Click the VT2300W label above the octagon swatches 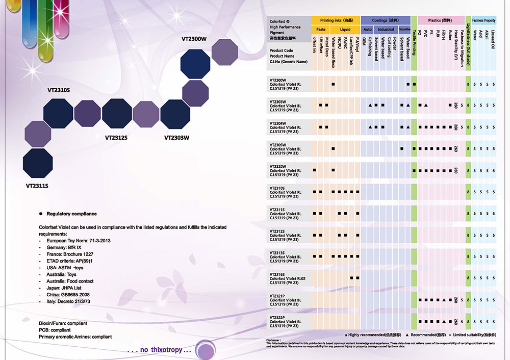tap(194, 39)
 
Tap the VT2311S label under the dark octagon tap(37, 186)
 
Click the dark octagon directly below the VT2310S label tap(58, 113)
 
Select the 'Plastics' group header tap(438, 20)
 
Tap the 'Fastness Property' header tap(483, 20)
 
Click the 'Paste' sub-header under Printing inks tap(320, 29)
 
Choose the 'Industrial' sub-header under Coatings tap(386, 29)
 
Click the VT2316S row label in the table tap(278, 274)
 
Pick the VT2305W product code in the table tap(278, 145)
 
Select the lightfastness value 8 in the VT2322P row tap(468, 321)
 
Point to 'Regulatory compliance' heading tap(71, 214)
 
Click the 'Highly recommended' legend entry tap(374, 335)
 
